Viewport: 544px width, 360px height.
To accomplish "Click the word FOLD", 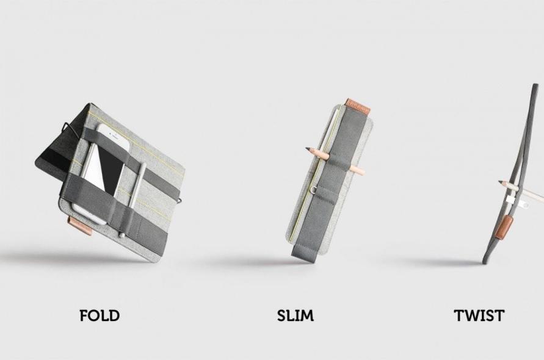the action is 100,315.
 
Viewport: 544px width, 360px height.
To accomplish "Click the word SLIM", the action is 296,315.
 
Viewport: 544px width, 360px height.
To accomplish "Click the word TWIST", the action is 479,315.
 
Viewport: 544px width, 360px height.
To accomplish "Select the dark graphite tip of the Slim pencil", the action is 308,149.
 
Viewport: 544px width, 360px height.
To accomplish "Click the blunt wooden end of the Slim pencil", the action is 363,171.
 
